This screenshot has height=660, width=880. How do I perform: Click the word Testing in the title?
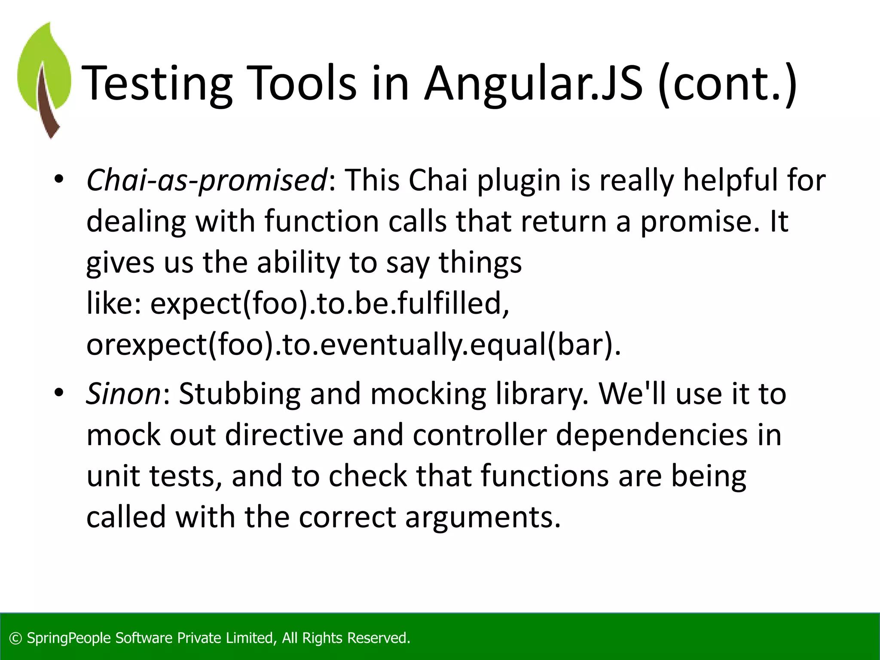tap(157, 84)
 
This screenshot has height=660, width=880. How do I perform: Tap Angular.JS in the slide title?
tap(533, 84)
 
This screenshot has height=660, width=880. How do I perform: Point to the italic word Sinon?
tap(123, 394)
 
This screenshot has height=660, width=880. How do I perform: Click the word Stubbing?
tap(239, 394)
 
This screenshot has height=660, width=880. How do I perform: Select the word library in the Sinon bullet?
tap(541, 394)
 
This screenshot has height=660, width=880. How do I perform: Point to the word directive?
tap(284, 435)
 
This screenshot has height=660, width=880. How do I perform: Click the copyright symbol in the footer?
tap(15, 639)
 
